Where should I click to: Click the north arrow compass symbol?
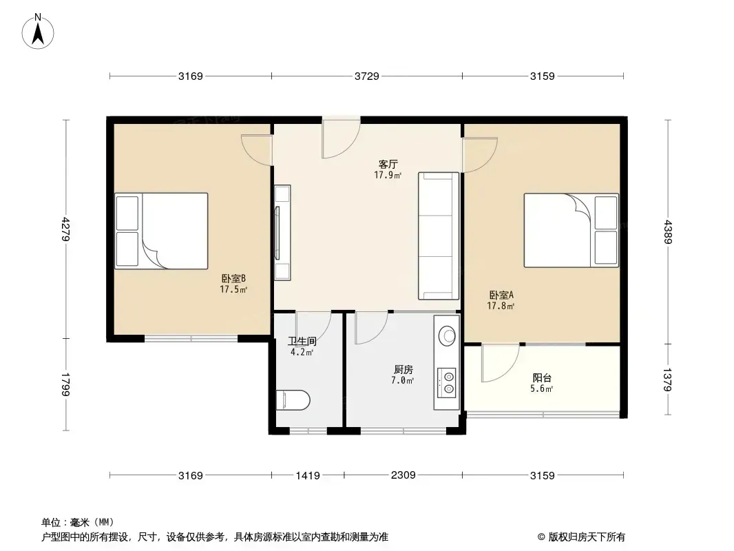pyautogui.click(x=38, y=31)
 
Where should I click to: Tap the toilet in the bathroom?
pyautogui.click(x=293, y=400)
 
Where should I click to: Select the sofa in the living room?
pyautogui.click(x=439, y=236)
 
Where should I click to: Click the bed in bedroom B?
pyautogui.click(x=162, y=231)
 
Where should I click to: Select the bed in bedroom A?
pyautogui.click(x=571, y=230)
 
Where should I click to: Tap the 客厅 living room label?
pyautogui.click(x=388, y=165)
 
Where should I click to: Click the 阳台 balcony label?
pyautogui.click(x=542, y=378)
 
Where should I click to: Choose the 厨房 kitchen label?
pyautogui.click(x=403, y=369)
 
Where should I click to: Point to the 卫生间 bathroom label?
pyautogui.click(x=302, y=341)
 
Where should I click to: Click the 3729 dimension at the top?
pyautogui.click(x=366, y=76)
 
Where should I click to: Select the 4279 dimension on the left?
pyautogui.click(x=66, y=229)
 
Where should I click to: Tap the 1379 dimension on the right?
pyautogui.click(x=667, y=380)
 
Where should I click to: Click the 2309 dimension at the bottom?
pyautogui.click(x=403, y=475)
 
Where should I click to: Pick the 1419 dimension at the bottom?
pyautogui.click(x=308, y=476)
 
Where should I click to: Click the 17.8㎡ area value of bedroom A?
pyautogui.click(x=501, y=306)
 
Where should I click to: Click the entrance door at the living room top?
pyautogui.click(x=341, y=136)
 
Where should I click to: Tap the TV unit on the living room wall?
pyautogui.click(x=282, y=233)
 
